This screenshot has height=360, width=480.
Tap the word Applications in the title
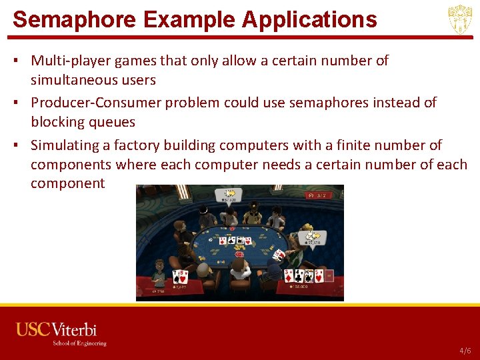(309, 19)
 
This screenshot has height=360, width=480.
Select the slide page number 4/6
(465, 351)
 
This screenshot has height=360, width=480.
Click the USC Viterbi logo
(57, 330)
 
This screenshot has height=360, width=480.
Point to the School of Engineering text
(79, 343)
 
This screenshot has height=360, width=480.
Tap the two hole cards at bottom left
(179, 276)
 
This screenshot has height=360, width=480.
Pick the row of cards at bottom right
(303, 275)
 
